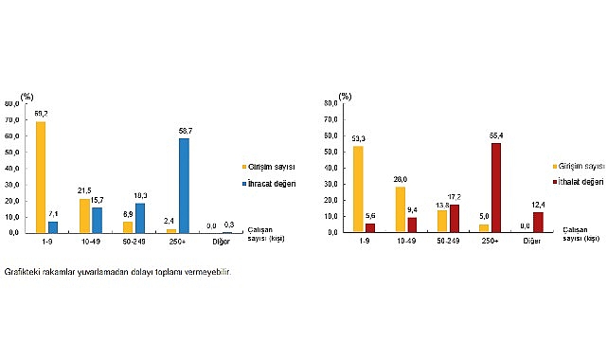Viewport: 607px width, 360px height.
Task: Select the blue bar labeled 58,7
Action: pos(184,186)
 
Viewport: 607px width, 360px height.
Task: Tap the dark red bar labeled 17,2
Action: pos(455,218)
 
